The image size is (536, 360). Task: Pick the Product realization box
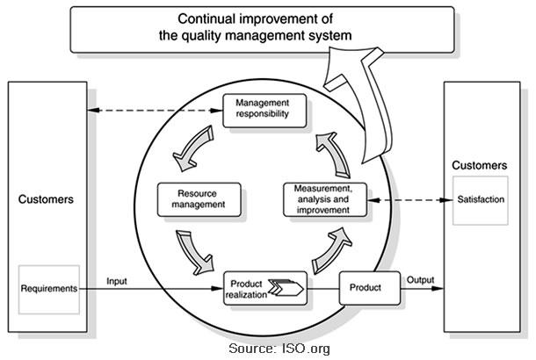pos(265,287)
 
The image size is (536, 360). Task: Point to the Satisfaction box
pos(481,199)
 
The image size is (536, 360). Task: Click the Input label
pos(117,281)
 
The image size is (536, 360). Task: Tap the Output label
pos(420,280)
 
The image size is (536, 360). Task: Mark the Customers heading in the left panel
pos(46,199)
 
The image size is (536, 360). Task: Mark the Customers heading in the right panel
pos(479,165)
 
